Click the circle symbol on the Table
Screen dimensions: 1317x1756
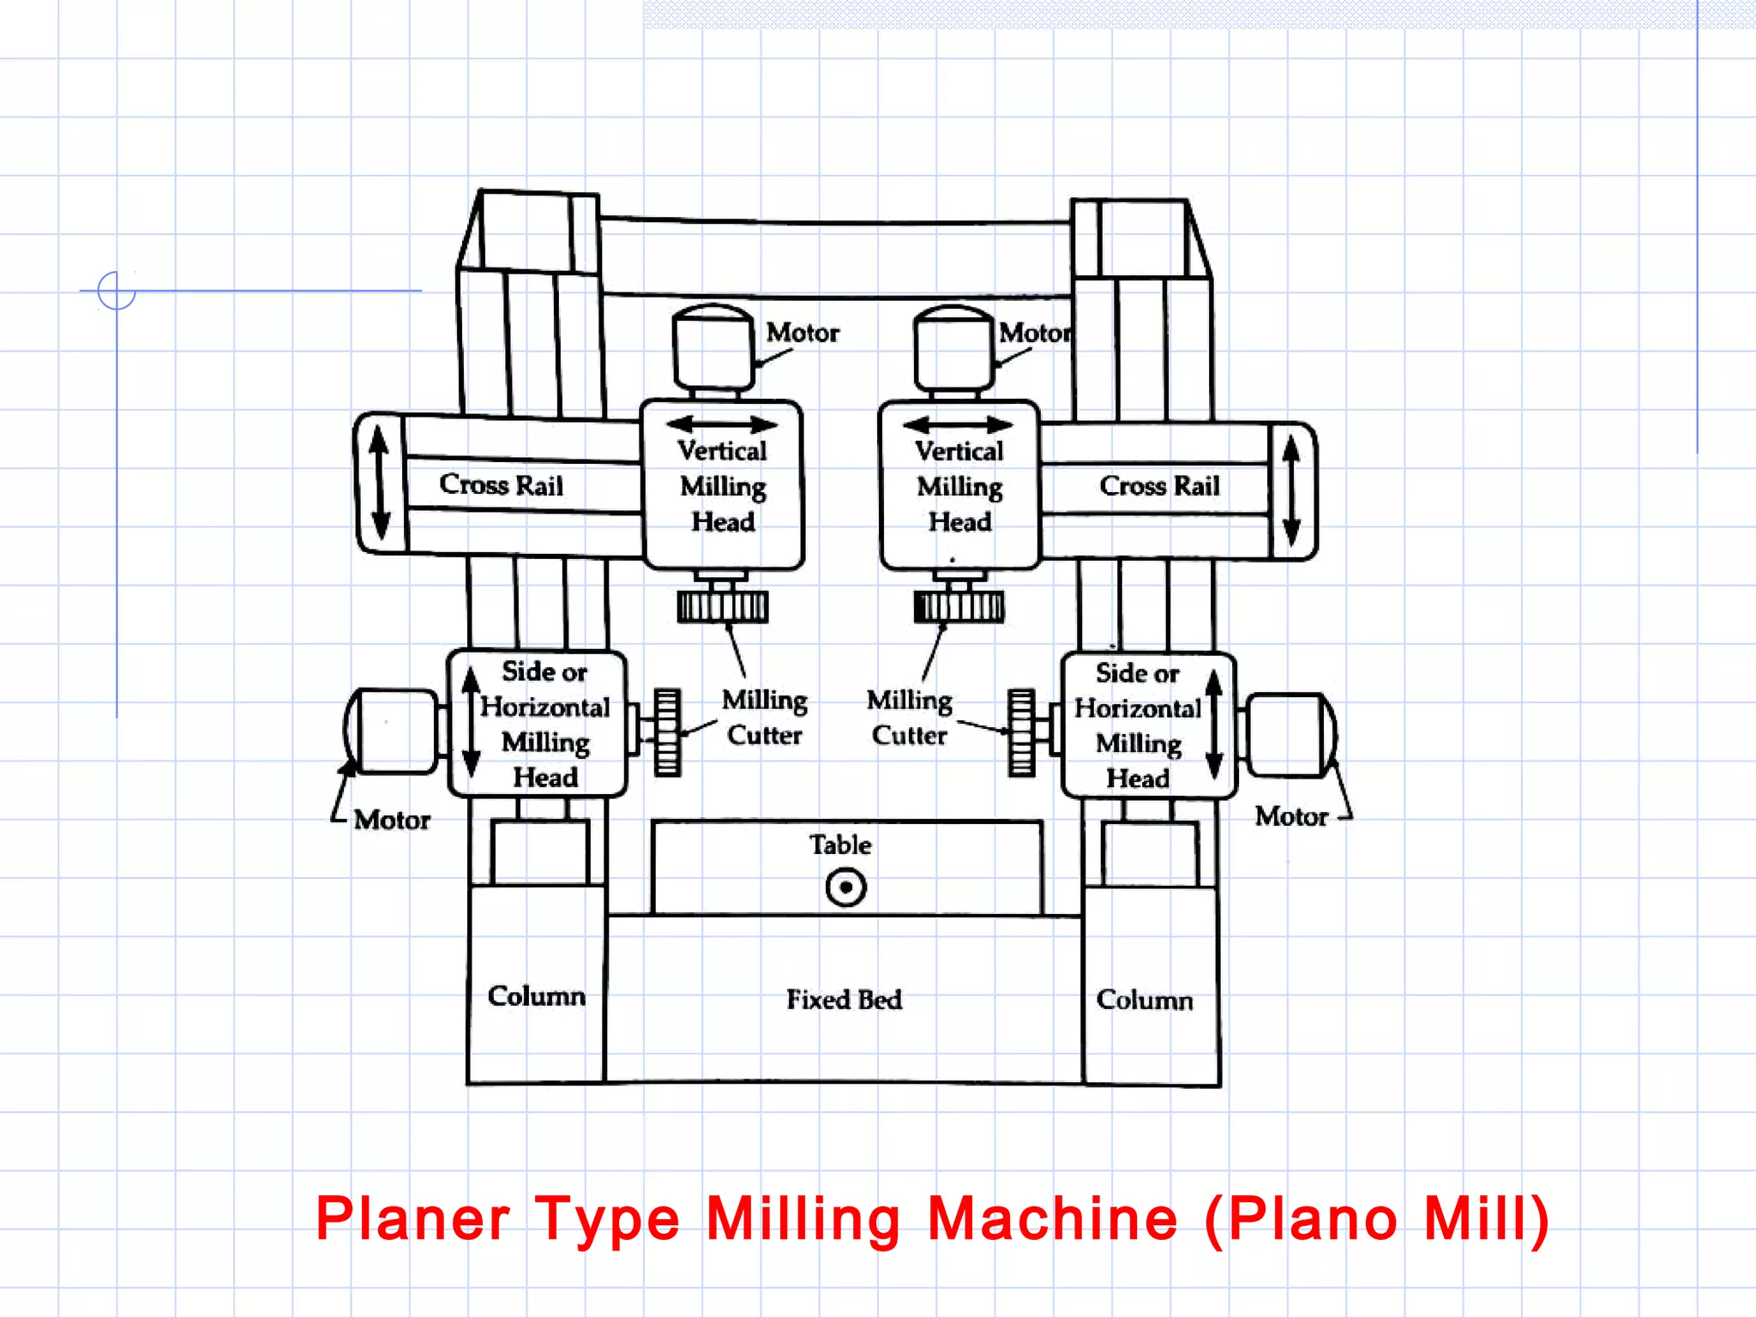(x=845, y=887)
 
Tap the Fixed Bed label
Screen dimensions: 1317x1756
(x=844, y=1000)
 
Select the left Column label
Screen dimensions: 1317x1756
(x=536, y=996)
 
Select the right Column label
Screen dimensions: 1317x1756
(x=1144, y=1000)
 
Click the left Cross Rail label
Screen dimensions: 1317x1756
(x=501, y=485)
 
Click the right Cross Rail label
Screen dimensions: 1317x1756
(x=1158, y=486)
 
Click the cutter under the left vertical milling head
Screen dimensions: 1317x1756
(x=722, y=606)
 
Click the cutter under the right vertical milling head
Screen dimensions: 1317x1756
(x=959, y=606)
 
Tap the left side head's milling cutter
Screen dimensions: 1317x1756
(x=667, y=732)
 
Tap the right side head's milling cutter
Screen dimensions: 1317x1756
(x=1020, y=733)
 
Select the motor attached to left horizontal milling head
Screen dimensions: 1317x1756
(x=393, y=731)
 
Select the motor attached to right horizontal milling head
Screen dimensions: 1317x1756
(x=1289, y=736)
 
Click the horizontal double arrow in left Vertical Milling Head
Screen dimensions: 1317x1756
(x=721, y=424)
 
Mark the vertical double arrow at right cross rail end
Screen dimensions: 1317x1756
(x=1291, y=490)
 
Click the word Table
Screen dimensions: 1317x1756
(x=840, y=845)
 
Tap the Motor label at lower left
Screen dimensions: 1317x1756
(x=392, y=821)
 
